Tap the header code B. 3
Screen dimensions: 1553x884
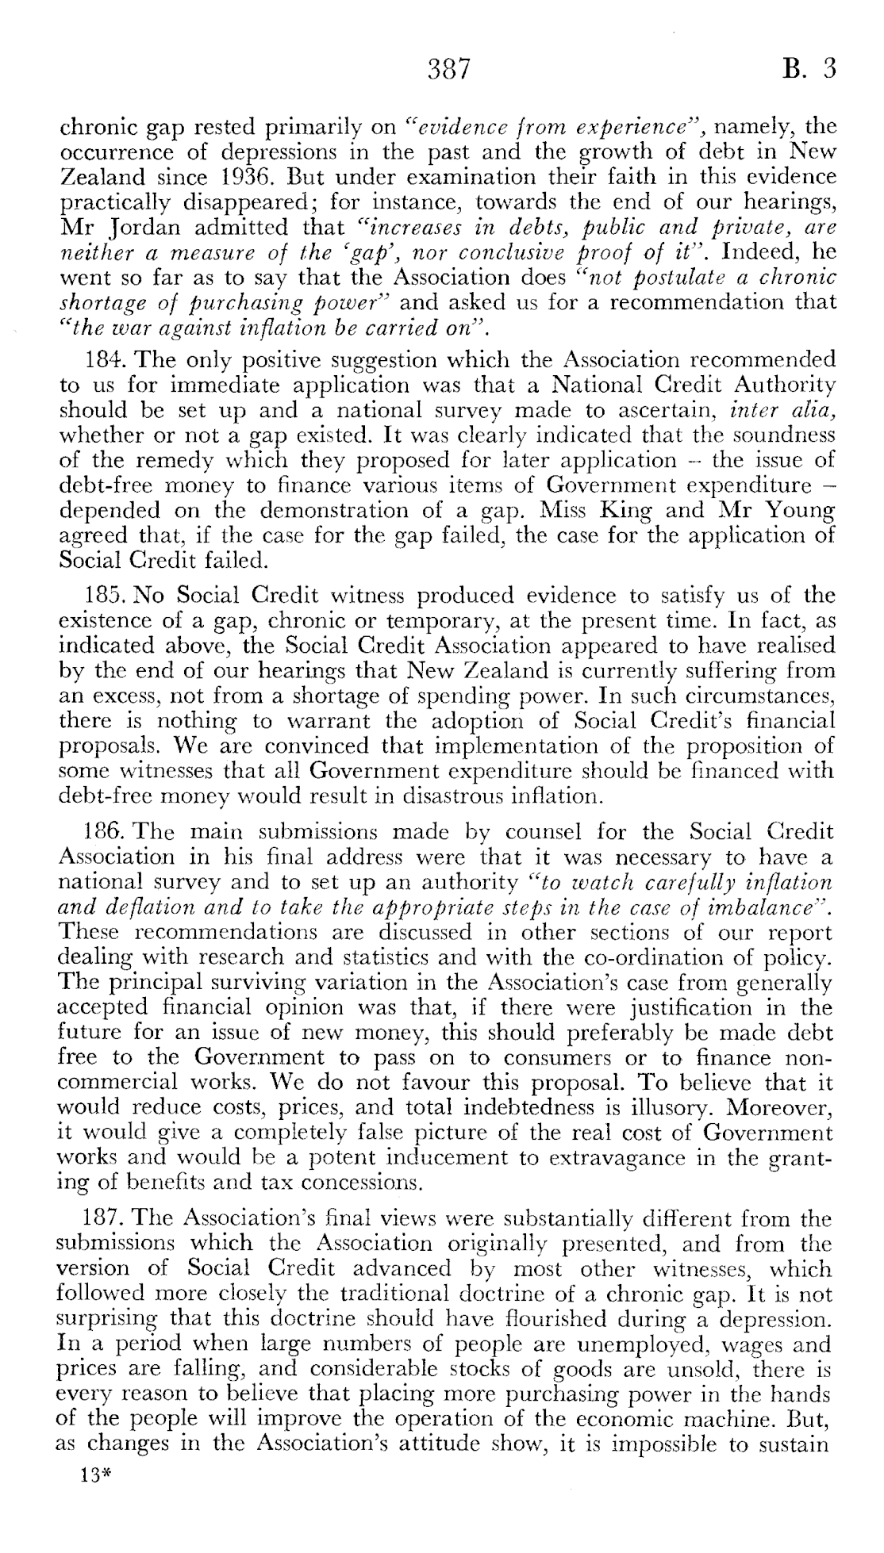(809, 70)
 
